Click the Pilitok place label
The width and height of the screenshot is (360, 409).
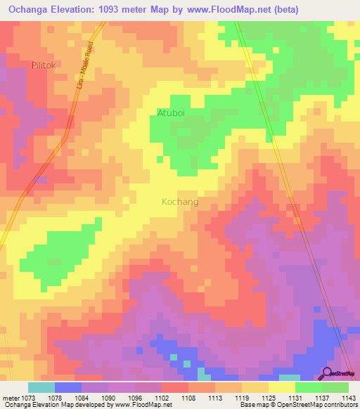(47, 64)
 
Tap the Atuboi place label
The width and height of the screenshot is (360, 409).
(171, 112)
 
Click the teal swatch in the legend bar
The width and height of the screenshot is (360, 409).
(41, 387)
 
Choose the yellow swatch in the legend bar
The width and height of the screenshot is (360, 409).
(282, 387)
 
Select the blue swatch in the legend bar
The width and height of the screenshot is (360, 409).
(68, 387)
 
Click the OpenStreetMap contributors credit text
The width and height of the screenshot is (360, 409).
(317, 405)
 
